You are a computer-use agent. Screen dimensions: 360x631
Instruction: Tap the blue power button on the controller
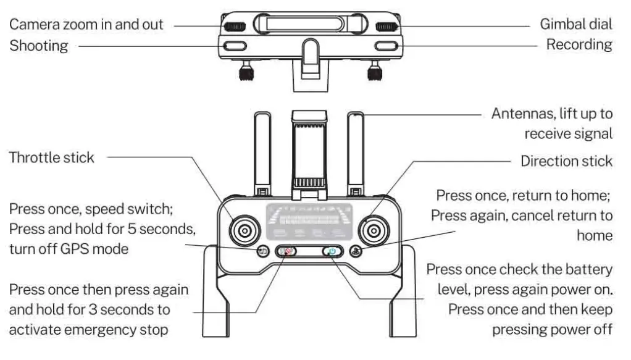(x=332, y=251)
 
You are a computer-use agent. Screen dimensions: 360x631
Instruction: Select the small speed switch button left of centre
(x=263, y=251)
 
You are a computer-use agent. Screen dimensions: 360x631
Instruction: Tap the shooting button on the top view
(x=235, y=46)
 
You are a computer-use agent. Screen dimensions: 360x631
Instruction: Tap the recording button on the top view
(x=385, y=46)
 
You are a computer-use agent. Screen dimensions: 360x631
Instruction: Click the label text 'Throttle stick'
(x=51, y=157)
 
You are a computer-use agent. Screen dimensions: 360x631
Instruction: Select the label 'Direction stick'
(x=566, y=161)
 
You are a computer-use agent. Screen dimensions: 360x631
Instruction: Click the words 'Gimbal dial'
(x=576, y=25)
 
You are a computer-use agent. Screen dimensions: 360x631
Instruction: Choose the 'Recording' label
(x=579, y=45)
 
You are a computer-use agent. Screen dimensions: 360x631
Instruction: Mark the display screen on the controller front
(x=309, y=221)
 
